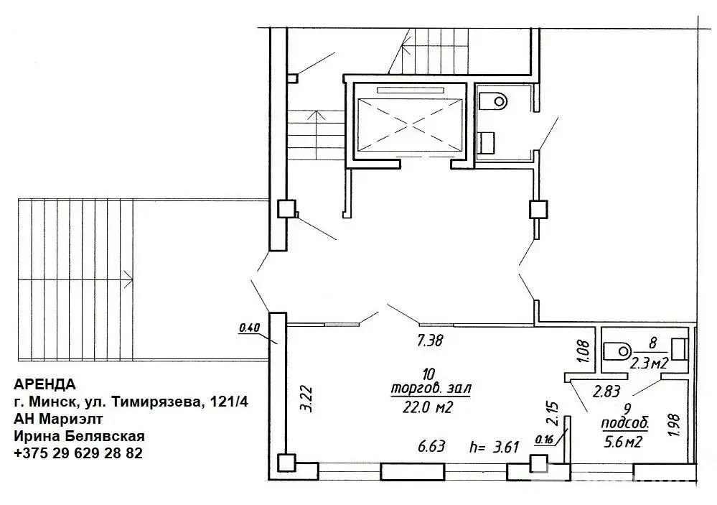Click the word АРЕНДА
(44, 384)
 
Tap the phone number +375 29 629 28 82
(78, 453)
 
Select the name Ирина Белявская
(79, 436)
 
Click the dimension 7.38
(431, 340)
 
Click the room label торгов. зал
(431, 389)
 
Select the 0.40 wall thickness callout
(249, 328)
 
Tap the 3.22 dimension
(307, 399)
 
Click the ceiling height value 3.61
(506, 446)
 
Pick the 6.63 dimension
(431, 446)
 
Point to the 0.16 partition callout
(544, 440)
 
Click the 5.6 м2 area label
(624, 442)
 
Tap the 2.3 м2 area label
(650, 363)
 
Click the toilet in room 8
(617, 351)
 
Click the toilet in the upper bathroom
(494, 101)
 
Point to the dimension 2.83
(606, 392)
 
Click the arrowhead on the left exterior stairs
(129, 279)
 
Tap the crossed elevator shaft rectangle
(409, 124)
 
